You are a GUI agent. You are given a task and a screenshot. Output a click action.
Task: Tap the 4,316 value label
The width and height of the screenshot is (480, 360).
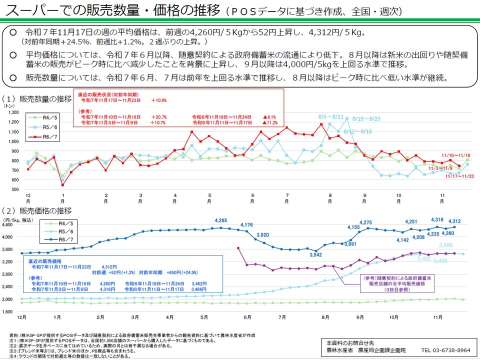437,219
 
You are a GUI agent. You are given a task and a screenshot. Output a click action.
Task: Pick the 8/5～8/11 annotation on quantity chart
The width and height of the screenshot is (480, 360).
331,116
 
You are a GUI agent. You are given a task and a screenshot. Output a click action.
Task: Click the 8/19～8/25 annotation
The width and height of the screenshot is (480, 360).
366,119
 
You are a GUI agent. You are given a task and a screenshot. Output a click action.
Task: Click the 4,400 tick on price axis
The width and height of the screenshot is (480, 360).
11,224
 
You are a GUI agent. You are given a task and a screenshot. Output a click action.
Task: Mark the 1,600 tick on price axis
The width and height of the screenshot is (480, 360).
11,311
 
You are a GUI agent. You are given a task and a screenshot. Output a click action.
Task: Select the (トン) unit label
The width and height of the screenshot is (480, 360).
9,106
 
